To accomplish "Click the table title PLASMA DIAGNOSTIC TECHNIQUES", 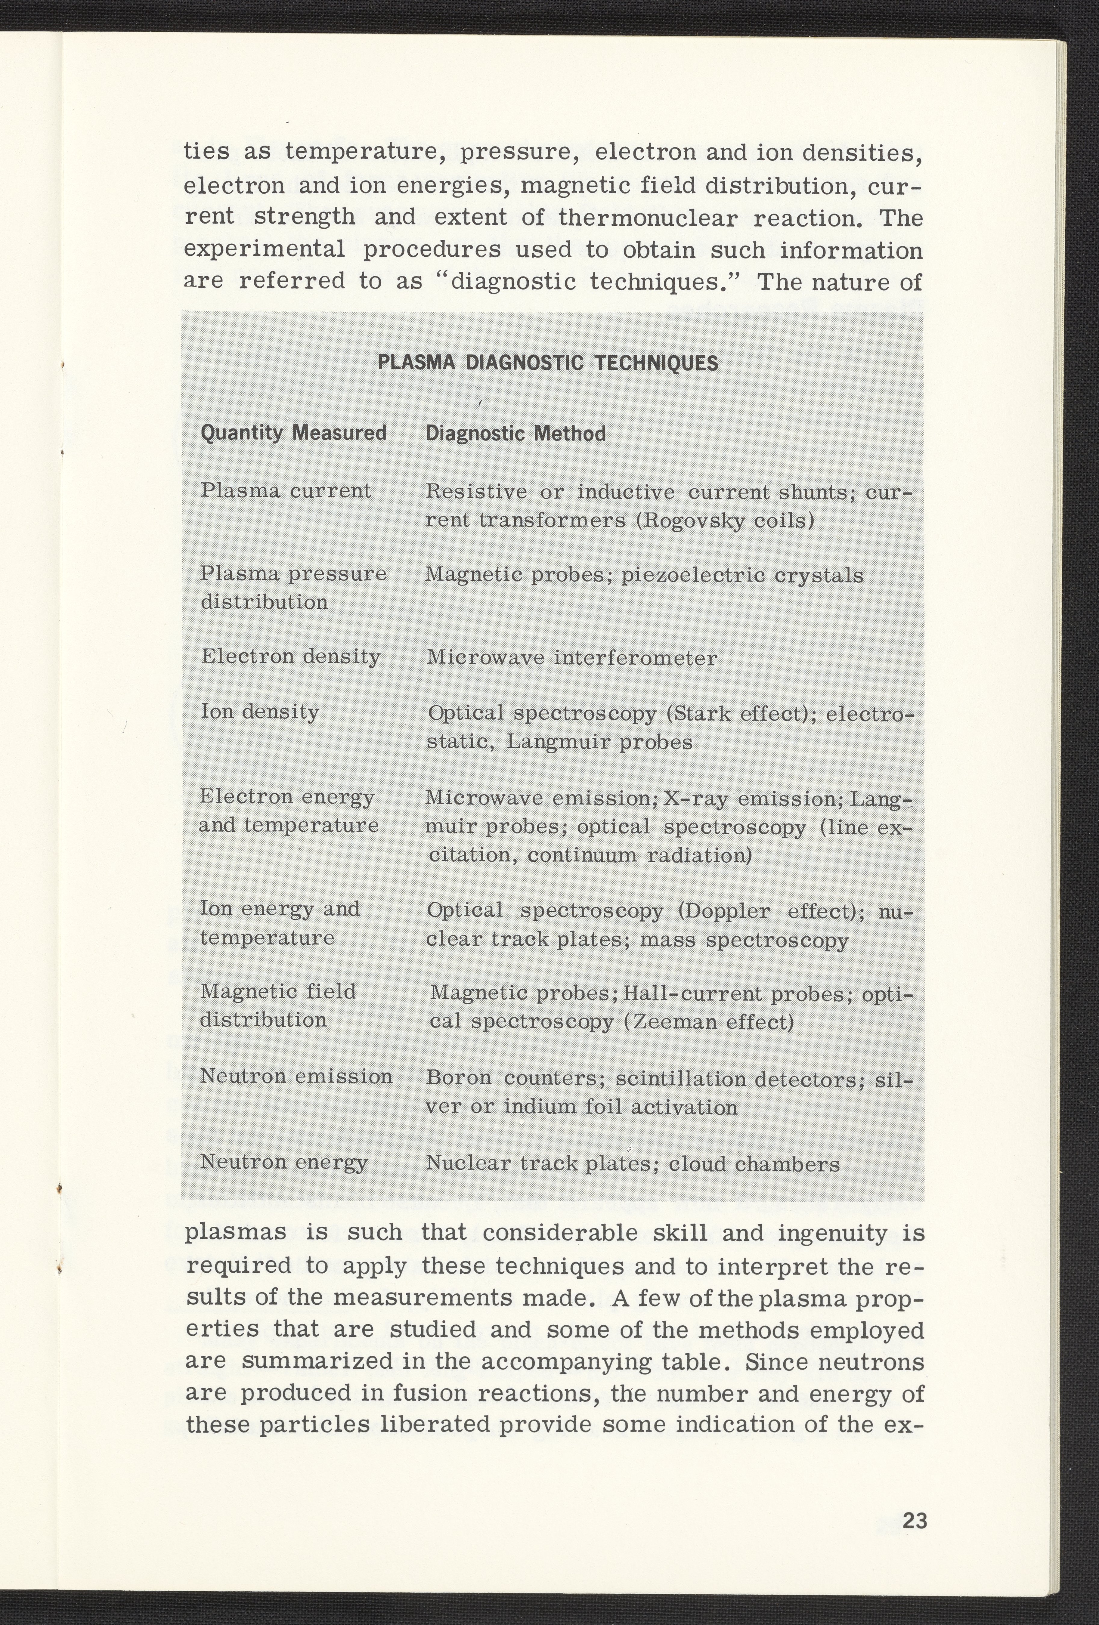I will pyautogui.click(x=548, y=363).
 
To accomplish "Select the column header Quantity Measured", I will pyautogui.click(x=293, y=434).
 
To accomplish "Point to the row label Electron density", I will pyautogui.click(x=290, y=656).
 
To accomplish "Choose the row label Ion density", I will pyautogui.click(x=259, y=712).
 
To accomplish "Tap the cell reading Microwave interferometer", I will pyautogui.click(x=571, y=658).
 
